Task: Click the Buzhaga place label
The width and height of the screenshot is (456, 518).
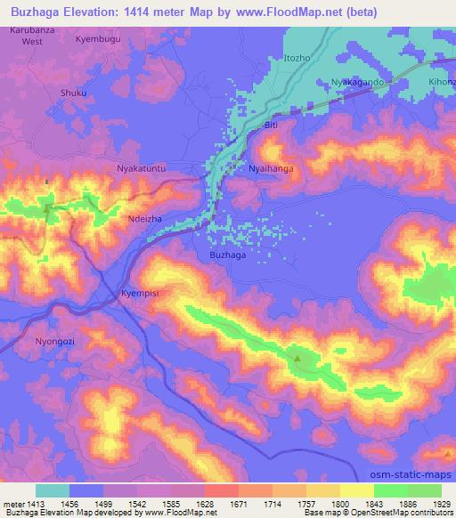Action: click(227, 255)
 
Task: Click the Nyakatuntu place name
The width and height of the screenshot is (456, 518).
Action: click(142, 167)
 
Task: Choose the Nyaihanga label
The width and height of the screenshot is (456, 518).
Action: click(271, 167)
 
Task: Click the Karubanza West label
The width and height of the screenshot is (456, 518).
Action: click(32, 36)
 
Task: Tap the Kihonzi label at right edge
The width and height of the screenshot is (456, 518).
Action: click(442, 82)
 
